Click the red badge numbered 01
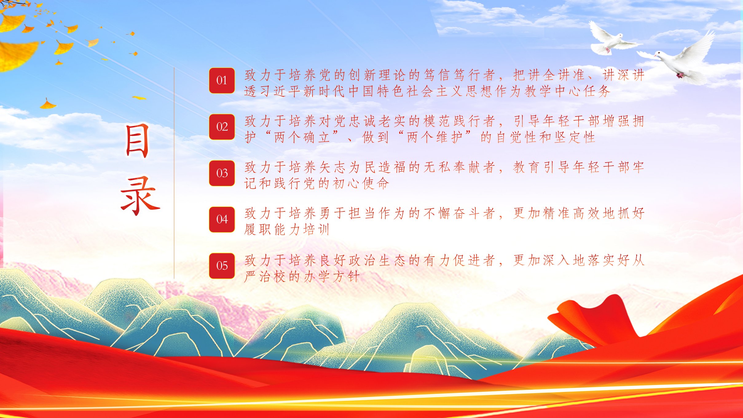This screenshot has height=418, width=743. (222, 81)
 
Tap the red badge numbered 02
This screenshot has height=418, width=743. (222, 127)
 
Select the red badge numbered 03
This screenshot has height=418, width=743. (222, 173)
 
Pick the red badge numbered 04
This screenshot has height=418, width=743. (222, 219)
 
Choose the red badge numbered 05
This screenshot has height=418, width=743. (222, 266)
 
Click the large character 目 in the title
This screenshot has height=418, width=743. (137, 141)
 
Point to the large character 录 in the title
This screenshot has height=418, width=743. (140, 196)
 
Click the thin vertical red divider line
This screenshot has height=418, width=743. (174, 173)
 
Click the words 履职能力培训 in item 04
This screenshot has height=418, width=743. (287, 230)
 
